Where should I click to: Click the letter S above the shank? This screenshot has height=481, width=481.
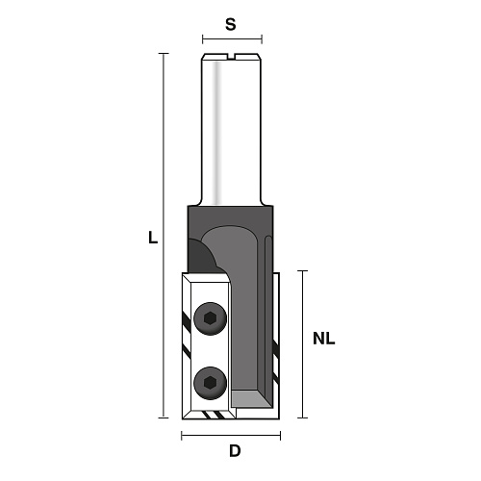coord(231,24)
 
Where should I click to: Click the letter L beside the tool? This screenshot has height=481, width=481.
coord(153,238)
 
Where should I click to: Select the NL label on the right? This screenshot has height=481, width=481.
coord(324,339)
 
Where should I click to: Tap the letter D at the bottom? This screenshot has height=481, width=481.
coord(235,451)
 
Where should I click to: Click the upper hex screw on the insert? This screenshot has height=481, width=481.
coord(210,318)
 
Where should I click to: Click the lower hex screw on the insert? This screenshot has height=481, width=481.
coord(210,384)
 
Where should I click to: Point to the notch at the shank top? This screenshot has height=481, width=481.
coord(232,57)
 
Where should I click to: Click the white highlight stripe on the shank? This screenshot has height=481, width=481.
coord(217,133)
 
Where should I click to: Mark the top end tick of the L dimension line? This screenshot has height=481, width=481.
coord(164,54)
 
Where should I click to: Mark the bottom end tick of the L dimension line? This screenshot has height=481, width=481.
coord(164,418)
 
